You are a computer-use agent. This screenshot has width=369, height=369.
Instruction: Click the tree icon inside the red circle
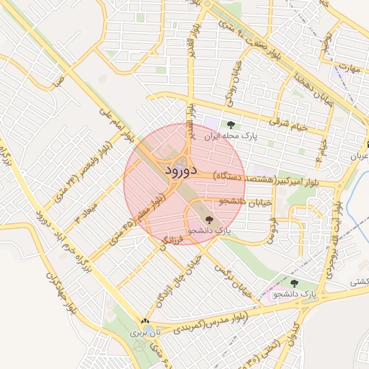210,219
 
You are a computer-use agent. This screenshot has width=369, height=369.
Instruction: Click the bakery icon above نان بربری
146,321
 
